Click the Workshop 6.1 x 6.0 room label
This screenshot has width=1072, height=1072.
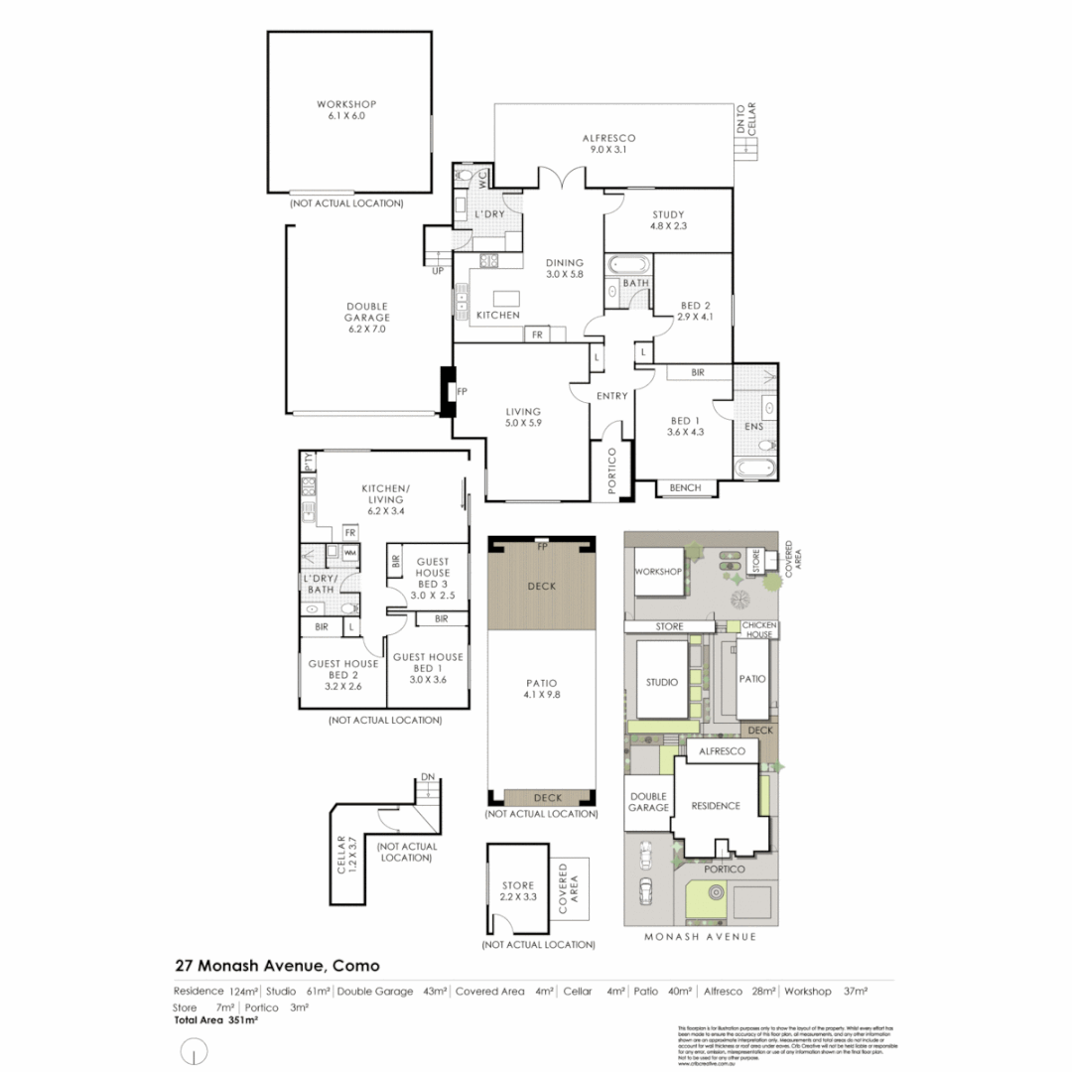pyautogui.click(x=346, y=110)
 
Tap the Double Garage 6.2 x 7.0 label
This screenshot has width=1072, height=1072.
pyautogui.click(x=366, y=318)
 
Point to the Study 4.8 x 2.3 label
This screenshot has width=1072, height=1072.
pyautogui.click(x=669, y=220)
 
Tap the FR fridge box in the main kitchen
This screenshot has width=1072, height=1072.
pyautogui.click(x=537, y=335)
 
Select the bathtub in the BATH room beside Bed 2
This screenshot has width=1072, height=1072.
pyautogui.click(x=626, y=265)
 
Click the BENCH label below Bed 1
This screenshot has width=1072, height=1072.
pyautogui.click(x=685, y=487)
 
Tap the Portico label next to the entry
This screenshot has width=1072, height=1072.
pyautogui.click(x=612, y=470)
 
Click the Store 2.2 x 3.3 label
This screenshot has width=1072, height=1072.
pyautogui.click(x=517, y=891)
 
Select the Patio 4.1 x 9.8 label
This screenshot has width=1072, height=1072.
pyautogui.click(x=542, y=689)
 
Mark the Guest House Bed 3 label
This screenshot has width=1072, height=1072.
pyautogui.click(x=433, y=578)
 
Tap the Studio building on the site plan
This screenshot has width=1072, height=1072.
pyautogui.click(x=660, y=682)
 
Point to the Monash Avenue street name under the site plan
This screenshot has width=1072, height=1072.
pyautogui.click(x=701, y=936)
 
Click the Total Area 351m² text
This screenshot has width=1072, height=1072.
pyautogui.click(x=215, y=1019)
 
